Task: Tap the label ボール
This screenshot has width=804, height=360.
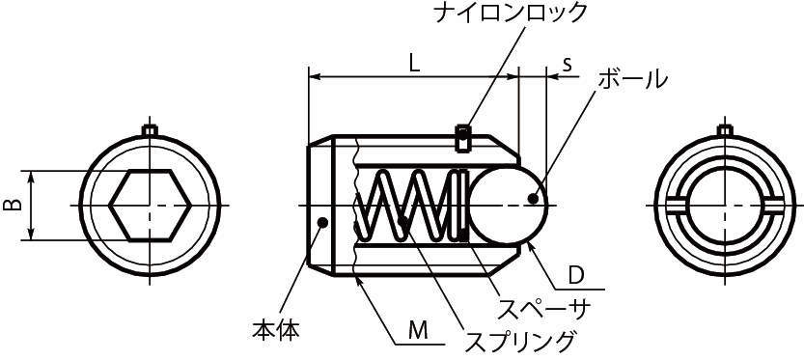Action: point(632,79)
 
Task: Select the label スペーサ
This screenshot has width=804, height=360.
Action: point(543,308)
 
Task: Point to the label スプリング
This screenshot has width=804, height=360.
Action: point(520,340)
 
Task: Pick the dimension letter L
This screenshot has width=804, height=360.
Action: point(412,64)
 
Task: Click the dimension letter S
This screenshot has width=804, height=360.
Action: point(568,64)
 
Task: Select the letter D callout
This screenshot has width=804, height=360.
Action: point(575,276)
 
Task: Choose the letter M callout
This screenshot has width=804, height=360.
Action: point(417,329)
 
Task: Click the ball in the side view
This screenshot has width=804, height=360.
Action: point(507,205)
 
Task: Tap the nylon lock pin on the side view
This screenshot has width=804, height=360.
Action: point(463,136)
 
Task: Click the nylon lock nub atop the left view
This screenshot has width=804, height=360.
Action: point(149,129)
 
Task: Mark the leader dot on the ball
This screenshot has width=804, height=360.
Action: point(533,199)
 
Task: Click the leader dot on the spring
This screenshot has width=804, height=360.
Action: point(401,226)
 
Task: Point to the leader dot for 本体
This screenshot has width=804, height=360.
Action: point(323,224)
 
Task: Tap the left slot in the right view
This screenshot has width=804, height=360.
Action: point(676,205)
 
